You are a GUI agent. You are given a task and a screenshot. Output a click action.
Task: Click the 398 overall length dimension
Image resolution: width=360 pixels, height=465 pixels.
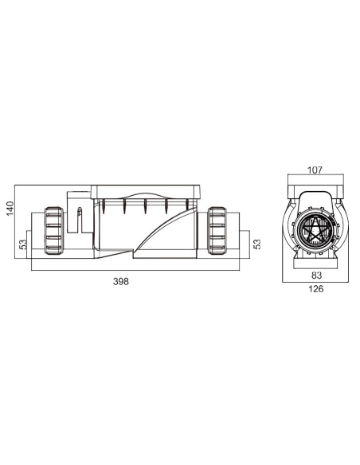click(x=120, y=282)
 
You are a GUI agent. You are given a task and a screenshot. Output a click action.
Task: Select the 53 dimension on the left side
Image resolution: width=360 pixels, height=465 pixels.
click(x=23, y=243)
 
